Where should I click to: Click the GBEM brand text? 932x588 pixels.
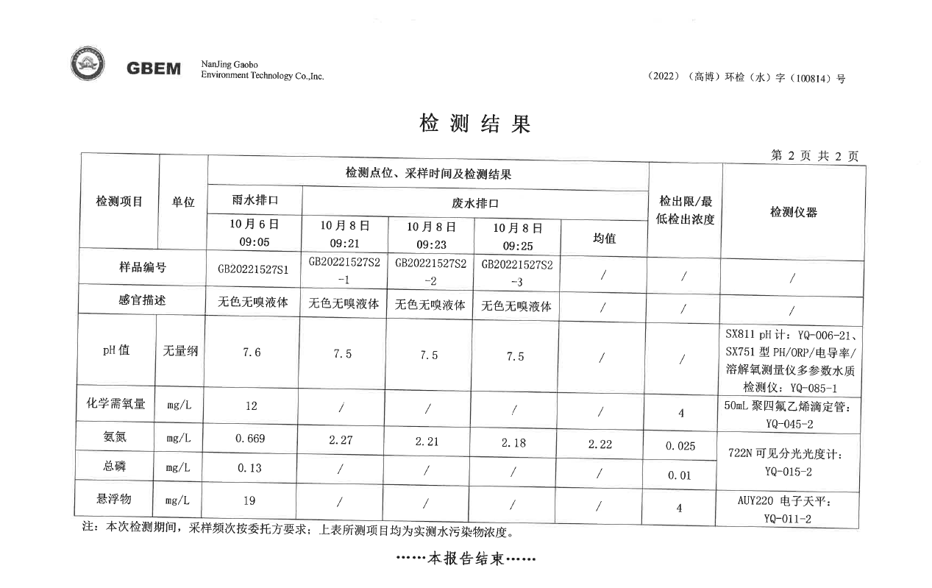[154, 68]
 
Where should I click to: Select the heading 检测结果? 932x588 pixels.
[474, 124]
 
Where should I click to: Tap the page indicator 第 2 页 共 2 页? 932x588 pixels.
[814, 156]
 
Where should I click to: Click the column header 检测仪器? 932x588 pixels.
[793, 212]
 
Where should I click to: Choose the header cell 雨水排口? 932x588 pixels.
[255, 200]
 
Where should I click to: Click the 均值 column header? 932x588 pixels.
[604, 238]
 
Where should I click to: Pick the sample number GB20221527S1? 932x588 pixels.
[253, 269]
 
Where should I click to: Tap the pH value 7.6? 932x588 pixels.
[252, 353]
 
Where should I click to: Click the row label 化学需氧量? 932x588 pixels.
[115, 404]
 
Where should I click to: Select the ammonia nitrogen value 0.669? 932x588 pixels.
[250, 439]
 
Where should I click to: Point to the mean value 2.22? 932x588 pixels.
[600, 444]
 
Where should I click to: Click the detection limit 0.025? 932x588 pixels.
[680, 446]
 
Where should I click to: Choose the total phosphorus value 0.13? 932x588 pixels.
[250, 468]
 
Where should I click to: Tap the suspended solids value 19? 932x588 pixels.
[249, 501]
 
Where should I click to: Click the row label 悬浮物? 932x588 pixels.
[114, 499]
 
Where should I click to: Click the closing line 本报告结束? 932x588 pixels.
[466, 559]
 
